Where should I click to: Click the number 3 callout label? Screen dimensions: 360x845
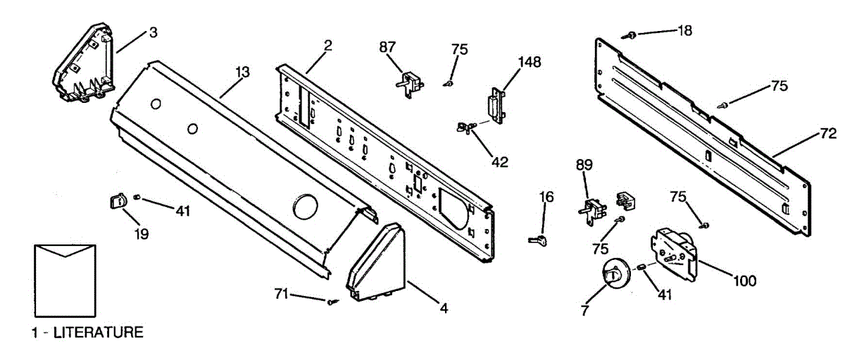(153, 32)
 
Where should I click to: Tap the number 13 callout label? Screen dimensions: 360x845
(242, 71)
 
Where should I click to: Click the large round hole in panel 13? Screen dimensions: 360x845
(305, 208)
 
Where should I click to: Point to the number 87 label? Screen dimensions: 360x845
(387, 48)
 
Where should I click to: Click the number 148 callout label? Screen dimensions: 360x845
(530, 62)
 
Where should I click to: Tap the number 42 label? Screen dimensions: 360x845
(499, 162)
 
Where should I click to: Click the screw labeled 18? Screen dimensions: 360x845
(632, 34)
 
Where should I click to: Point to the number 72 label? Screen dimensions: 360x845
(827, 133)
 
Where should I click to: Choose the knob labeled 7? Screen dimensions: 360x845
(612, 273)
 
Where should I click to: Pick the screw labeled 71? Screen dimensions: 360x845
(331, 302)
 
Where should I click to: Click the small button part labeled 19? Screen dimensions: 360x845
(117, 203)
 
